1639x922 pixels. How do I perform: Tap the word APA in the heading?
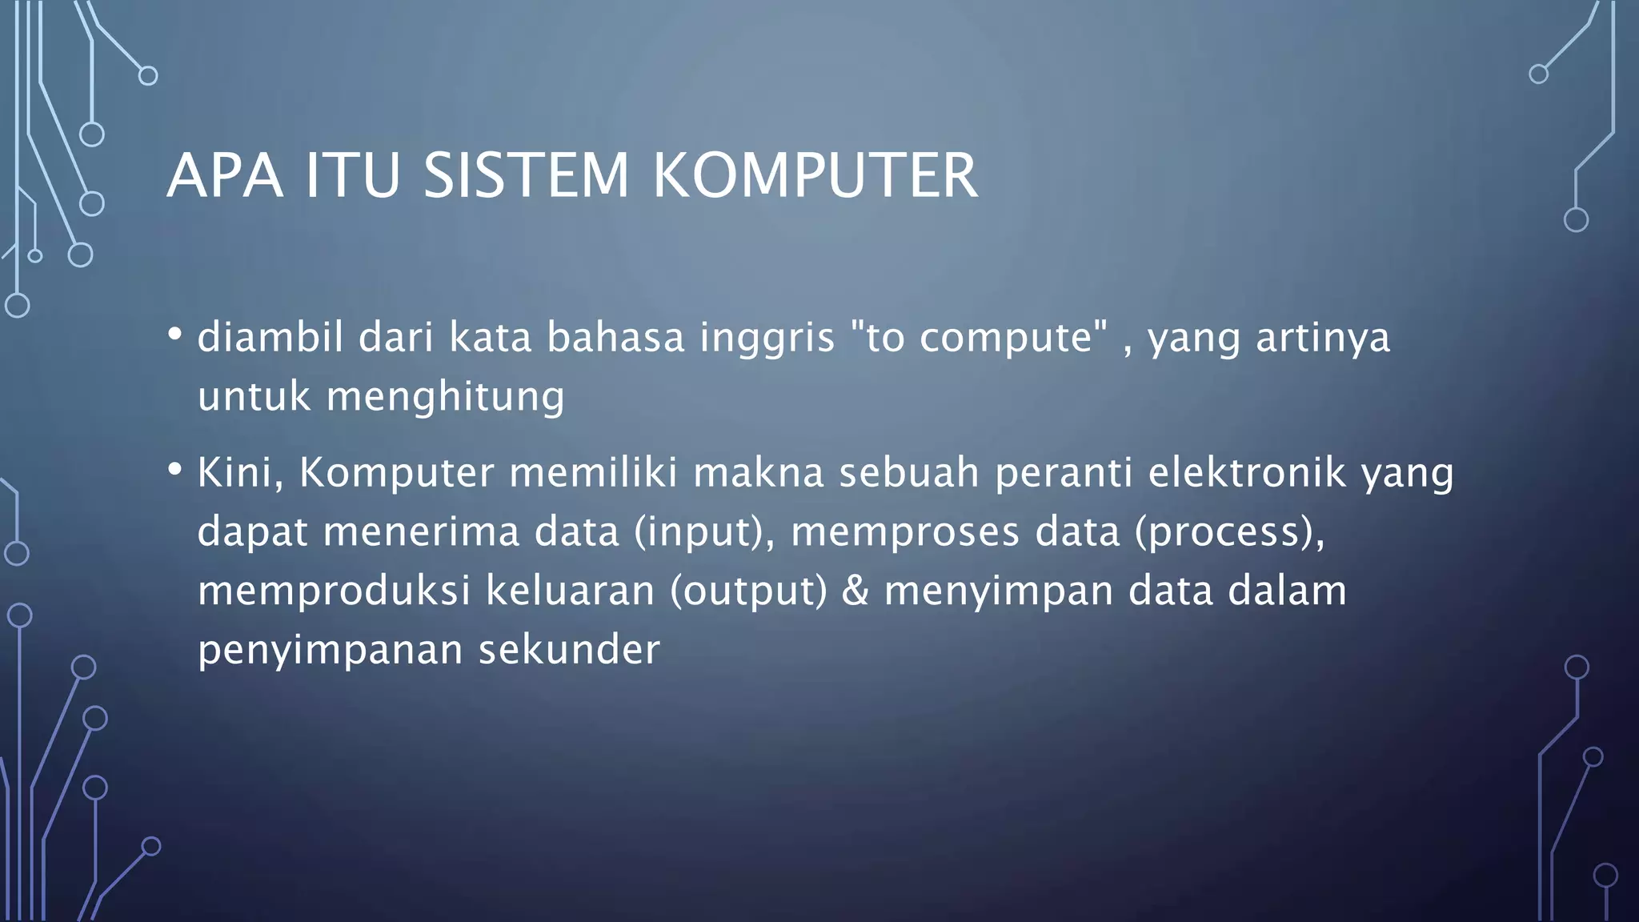[225, 175]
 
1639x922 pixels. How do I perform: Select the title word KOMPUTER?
[815, 175]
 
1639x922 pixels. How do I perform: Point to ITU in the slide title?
[353, 175]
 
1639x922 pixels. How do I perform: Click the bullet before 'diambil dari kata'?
[174, 334]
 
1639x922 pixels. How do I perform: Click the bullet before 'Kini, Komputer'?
[174, 469]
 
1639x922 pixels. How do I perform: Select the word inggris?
[767, 338]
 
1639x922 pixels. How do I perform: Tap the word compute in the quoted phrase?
[1006, 338]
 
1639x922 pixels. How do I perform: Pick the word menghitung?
[445, 397]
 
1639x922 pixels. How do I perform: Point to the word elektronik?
[1247, 472]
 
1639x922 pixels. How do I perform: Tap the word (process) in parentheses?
[1229, 532]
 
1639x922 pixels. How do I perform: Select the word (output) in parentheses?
[748, 591]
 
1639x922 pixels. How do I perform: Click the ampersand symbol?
[856, 591]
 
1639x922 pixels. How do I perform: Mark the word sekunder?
[569, 649]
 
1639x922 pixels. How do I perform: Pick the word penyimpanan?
[331, 651]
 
